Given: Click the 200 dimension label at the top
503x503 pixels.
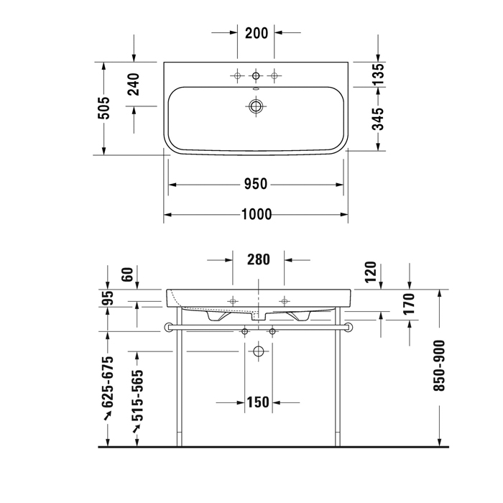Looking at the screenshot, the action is coord(257,33).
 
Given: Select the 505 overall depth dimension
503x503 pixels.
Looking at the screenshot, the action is coord(103,108).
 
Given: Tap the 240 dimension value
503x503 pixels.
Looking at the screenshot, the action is coord(134,84).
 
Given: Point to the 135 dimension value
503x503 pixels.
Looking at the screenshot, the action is coord(378,74).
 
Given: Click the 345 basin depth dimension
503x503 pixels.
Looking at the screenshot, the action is coord(378,119).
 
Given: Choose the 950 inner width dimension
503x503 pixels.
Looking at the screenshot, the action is coord(255,184).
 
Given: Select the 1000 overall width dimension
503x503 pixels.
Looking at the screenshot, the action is coord(257,214).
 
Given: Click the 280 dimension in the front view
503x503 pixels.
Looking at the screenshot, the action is coord(258,259).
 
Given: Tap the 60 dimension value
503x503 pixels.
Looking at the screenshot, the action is coord(127,274).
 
